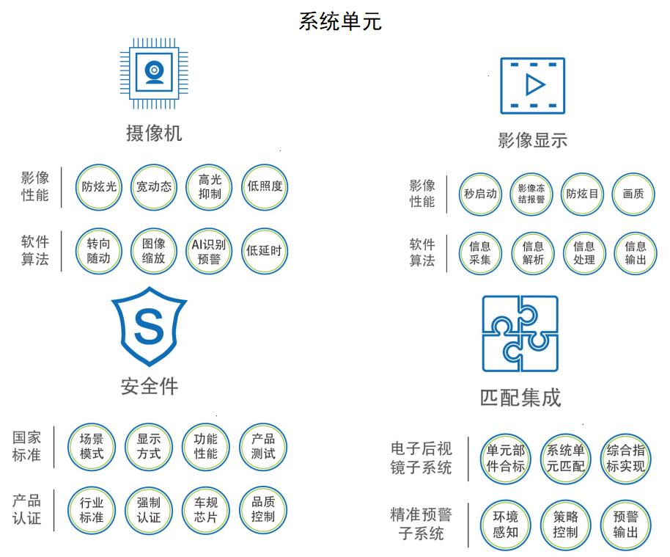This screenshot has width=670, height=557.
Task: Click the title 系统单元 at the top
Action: [x=340, y=21]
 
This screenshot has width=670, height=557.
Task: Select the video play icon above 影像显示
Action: [x=532, y=85]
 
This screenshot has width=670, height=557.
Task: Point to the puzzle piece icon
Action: [x=520, y=334]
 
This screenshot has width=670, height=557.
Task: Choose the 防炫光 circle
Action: [x=98, y=186]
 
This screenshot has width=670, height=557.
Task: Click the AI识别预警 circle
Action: [x=209, y=251]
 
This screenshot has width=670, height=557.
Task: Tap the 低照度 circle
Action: [x=265, y=186]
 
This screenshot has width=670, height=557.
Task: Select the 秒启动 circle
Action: [x=480, y=194]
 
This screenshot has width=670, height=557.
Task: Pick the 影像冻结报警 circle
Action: [x=531, y=194]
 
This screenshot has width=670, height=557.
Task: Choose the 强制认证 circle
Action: [x=149, y=510]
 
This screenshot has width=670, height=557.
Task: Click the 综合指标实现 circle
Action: [x=625, y=458]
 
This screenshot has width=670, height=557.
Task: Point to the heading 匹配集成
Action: [x=520, y=397]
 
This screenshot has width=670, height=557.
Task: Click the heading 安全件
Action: [x=149, y=385]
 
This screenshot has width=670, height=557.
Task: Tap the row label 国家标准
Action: [x=27, y=446]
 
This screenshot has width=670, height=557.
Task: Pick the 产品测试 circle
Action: [x=263, y=446]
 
